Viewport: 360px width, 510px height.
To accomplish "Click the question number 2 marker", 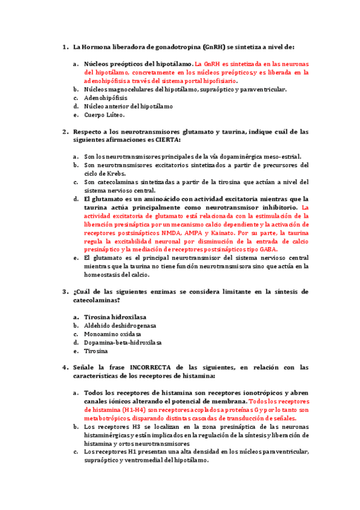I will [x=65, y=131].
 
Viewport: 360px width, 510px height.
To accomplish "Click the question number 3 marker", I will [x=65, y=291].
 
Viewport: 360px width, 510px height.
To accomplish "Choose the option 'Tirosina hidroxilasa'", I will [x=115, y=316].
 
